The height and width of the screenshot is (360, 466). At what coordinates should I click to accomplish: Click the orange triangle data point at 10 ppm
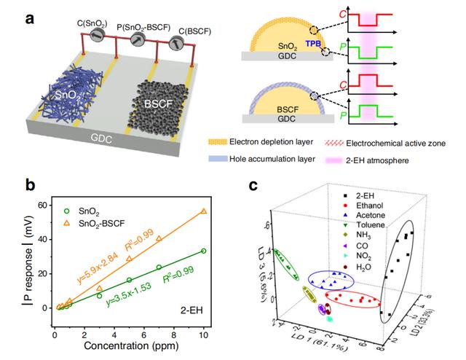pos(204,211)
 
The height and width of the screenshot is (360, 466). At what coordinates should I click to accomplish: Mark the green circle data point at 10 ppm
pos(204,251)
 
